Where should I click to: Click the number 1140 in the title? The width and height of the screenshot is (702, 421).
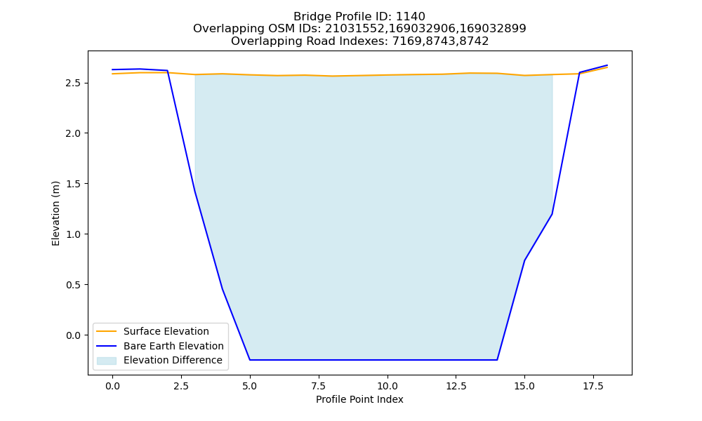tap(410, 17)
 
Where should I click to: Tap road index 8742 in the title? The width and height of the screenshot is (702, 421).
tap(474, 41)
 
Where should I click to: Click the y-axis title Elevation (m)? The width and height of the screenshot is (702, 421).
tap(55, 213)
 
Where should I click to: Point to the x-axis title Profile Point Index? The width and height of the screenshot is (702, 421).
tap(359, 399)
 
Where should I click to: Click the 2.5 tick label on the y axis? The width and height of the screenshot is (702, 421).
tap(74, 83)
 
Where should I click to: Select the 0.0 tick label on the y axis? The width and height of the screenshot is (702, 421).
tap(74, 335)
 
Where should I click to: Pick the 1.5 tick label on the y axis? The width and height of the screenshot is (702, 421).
tap(74, 184)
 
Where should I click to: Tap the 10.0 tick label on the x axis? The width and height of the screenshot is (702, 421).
tap(388, 386)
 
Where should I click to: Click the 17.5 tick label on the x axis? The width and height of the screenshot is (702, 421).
tap(593, 386)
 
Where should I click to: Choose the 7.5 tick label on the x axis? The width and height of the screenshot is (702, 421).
tap(319, 386)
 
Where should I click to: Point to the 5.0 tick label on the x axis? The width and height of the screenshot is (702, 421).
tap(250, 386)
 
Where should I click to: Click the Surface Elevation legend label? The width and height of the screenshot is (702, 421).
tap(166, 331)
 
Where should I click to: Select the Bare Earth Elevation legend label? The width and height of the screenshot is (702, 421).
tap(173, 346)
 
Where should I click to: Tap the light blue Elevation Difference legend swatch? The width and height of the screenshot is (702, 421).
tap(107, 361)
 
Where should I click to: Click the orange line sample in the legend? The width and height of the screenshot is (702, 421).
tap(107, 331)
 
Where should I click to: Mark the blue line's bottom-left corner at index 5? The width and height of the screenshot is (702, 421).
tap(250, 360)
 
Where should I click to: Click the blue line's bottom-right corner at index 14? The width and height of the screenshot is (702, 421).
tap(497, 360)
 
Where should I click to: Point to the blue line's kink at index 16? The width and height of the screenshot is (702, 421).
tap(552, 214)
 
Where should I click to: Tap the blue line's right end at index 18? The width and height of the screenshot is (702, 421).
tap(607, 65)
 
